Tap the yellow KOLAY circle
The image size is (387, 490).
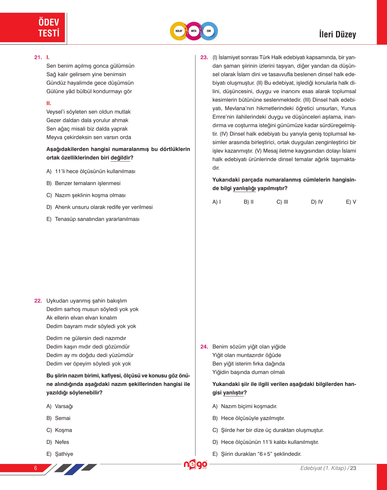[179, 31]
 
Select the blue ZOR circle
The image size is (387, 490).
[209, 31]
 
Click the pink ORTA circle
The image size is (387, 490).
[194, 31]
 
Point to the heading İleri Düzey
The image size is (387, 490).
[337, 34]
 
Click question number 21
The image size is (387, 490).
[38, 57]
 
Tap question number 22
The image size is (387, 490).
[38, 301]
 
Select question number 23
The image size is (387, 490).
[204, 57]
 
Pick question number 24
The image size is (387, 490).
[204, 346]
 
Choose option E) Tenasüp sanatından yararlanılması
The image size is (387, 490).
[93, 219]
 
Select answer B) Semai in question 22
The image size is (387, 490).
[58, 418]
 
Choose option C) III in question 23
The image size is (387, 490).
[282, 202]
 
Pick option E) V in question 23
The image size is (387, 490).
[351, 202]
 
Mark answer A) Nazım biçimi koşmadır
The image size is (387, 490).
[245, 406]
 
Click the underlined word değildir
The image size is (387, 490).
[120, 158]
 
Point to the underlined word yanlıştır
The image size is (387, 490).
[233, 393]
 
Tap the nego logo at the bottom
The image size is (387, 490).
[195, 465]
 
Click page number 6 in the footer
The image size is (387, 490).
[36, 468]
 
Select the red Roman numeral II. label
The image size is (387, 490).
[49, 103]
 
